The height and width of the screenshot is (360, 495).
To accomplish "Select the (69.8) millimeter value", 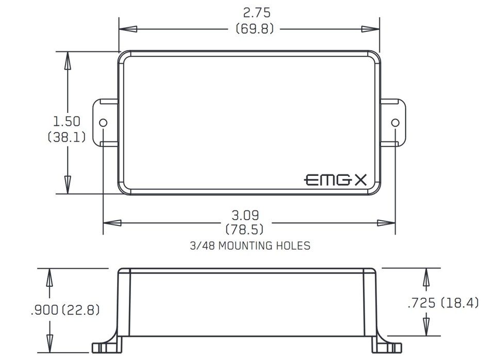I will pos(254,29).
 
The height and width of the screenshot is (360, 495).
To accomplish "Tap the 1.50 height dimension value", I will pos(67,121).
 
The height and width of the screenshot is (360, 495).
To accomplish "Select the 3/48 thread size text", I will pos(202,246).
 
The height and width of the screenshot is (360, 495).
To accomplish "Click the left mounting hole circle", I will pos(103,123).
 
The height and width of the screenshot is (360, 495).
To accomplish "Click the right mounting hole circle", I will pos(395,123).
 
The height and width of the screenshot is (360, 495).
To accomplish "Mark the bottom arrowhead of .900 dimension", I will pos(49,343).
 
